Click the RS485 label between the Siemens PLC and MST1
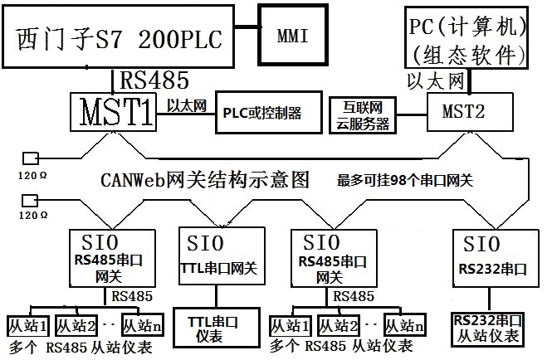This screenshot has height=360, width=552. [x=155, y=80]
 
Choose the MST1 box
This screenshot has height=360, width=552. [x=114, y=111]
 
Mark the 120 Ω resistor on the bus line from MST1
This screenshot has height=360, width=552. [x=32, y=158]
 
